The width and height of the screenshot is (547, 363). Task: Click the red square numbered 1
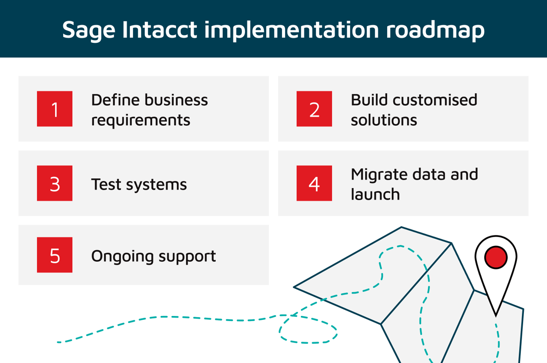[55, 109]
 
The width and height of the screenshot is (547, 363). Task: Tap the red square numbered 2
[314, 109]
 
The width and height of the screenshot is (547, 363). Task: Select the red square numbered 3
[55, 183]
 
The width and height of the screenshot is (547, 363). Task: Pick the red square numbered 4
[314, 183]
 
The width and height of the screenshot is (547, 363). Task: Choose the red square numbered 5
[55, 255]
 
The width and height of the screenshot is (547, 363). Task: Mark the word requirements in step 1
[141, 120]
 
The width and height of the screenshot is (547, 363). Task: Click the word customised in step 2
[435, 100]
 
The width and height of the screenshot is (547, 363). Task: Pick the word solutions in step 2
[384, 120]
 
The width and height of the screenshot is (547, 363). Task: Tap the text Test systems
[139, 184]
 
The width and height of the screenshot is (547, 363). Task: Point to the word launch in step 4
[375, 195]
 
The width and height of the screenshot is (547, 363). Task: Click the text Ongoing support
[153, 256]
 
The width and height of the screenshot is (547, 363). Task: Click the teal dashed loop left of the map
[308, 330]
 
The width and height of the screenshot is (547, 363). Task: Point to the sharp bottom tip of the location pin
[496, 315]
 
